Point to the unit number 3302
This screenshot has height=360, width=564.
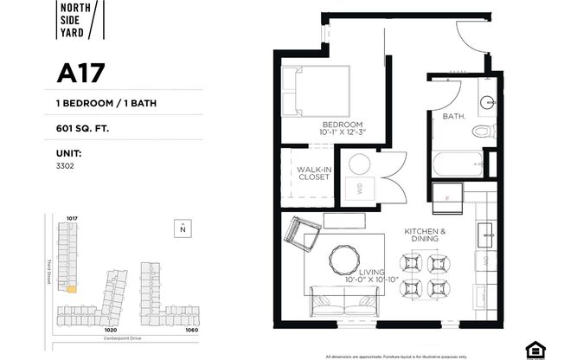pyautogui.click(x=66, y=164)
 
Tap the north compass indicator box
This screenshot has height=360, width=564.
pyautogui.click(x=183, y=229)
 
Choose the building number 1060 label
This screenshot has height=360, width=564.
pyautogui.click(x=190, y=330)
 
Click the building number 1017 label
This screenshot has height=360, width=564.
pyautogui.click(x=73, y=218)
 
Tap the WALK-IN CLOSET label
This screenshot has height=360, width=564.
pyautogui.click(x=312, y=173)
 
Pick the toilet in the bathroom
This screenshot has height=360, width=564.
pyautogui.click(x=482, y=132)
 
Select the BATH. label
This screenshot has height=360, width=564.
pyautogui.click(x=455, y=115)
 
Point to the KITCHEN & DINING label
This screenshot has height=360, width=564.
pyautogui.click(x=425, y=235)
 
